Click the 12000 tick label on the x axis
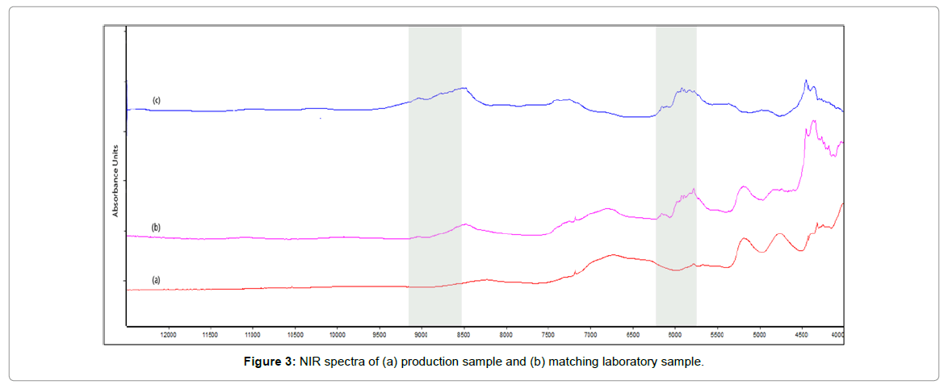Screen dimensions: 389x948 click(169, 333)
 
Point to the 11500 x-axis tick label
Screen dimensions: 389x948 click(210, 333)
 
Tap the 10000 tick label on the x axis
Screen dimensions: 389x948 click(337, 333)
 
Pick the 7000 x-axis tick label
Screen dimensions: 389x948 click(590, 333)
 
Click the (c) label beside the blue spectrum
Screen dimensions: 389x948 click(157, 100)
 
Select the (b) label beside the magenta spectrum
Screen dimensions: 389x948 click(156, 228)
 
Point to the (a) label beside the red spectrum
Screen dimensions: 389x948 click(156, 279)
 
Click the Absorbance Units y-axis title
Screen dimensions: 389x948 click(115, 180)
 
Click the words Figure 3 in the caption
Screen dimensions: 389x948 click(270, 362)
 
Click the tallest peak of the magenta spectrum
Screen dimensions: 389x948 click(813, 121)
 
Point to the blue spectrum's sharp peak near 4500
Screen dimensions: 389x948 click(805, 81)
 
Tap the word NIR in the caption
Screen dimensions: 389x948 click(311, 362)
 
